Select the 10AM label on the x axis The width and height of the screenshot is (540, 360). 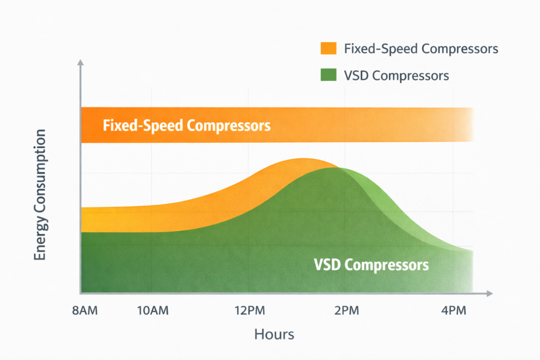click(152, 310)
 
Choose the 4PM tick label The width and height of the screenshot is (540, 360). click(453, 310)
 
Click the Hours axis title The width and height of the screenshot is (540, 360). click(274, 334)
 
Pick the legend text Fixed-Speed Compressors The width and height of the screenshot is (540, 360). click(421, 49)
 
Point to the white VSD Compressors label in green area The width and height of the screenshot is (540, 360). click(371, 264)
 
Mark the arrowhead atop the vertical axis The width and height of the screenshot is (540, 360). click(81, 63)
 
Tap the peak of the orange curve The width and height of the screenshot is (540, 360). click(302, 159)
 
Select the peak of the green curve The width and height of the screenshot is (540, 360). click(337, 168)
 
